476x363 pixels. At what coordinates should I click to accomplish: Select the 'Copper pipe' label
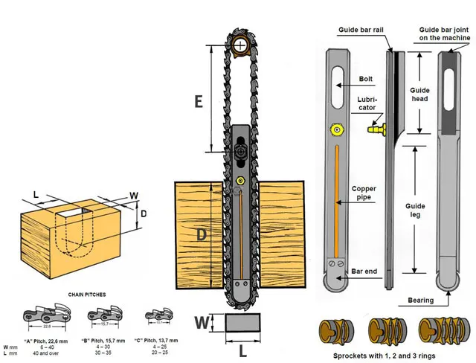pyautogui.click(x=364, y=193)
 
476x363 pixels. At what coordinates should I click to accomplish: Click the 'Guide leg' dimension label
pyautogui.click(x=419, y=210)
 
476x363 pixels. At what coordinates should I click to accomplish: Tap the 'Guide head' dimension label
pyautogui.click(x=419, y=95)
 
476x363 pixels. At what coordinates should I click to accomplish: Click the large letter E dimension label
pyautogui.click(x=199, y=100)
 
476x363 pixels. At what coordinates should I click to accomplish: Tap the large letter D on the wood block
pyautogui.click(x=200, y=236)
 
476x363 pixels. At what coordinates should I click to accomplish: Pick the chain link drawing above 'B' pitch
pyautogui.click(x=101, y=315)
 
